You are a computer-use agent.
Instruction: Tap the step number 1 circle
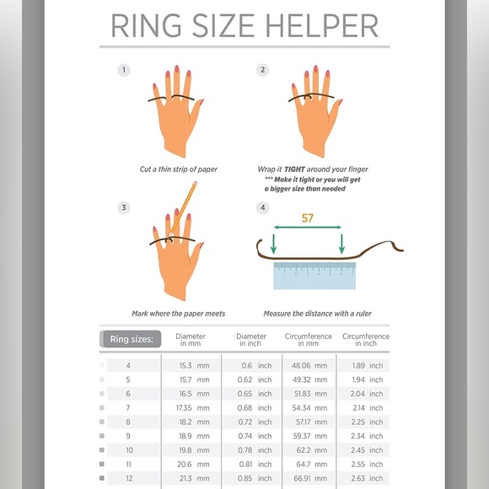(x=124, y=70)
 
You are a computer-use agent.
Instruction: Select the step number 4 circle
(x=263, y=207)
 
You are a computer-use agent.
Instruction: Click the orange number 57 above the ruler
(x=308, y=218)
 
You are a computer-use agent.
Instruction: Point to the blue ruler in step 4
(x=314, y=275)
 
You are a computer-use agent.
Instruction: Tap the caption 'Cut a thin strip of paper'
(x=179, y=169)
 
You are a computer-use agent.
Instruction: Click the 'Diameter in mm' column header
(x=191, y=340)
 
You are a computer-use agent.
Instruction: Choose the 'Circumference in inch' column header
(x=365, y=340)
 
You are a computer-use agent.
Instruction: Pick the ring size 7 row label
(x=128, y=408)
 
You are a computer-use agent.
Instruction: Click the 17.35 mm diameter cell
(x=192, y=408)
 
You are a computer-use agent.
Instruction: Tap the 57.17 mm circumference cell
(x=306, y=422)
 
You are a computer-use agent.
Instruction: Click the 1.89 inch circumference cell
(x=366, y=366)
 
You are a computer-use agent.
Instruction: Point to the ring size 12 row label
(x=128, y=478)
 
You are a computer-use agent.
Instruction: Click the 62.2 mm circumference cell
(x=306, y=450)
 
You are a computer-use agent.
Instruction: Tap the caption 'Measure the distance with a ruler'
(x=317, y=314)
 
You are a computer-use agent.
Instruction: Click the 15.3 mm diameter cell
(x=192, y=366)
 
